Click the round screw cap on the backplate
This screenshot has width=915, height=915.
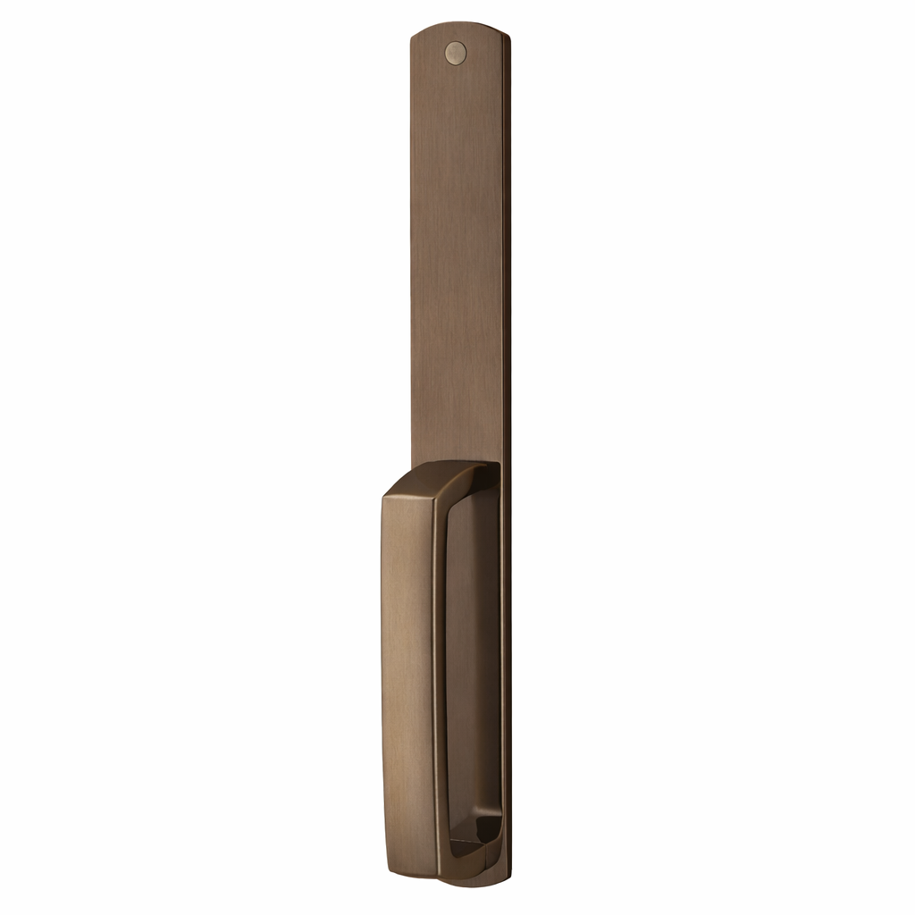pos(456,54)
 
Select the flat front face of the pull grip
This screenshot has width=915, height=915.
pos(407,679)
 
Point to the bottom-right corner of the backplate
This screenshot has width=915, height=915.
pos(505,880)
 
